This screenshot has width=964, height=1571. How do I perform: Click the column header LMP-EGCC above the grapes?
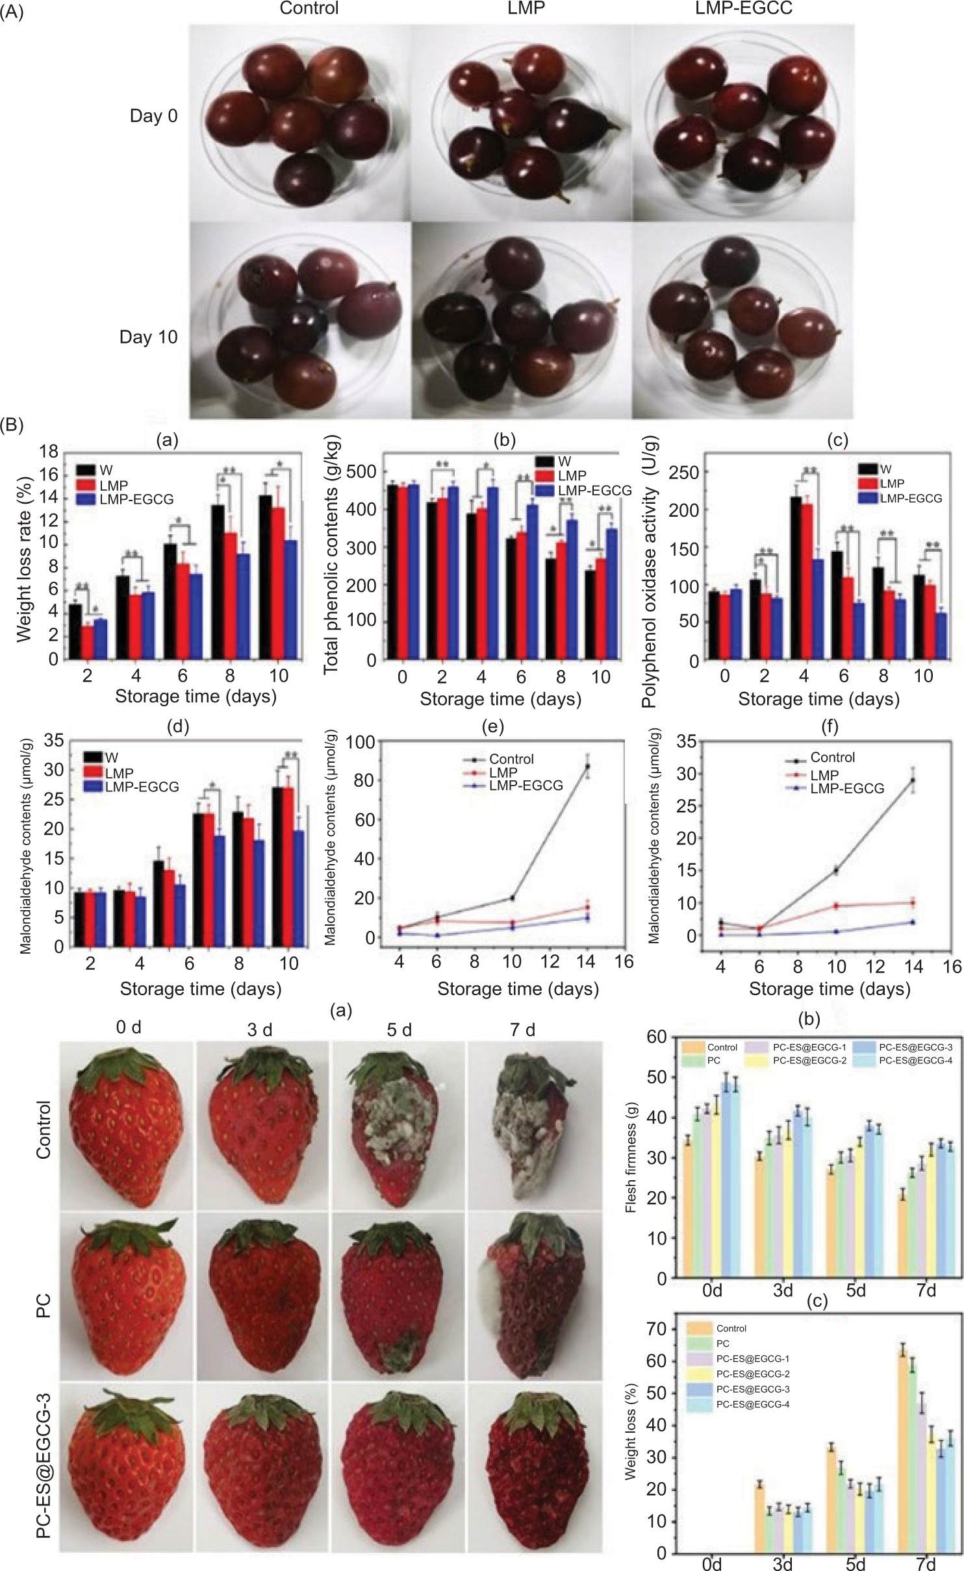click(x=743, y=8)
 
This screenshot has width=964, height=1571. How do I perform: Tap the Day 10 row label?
click(x=148, y=337)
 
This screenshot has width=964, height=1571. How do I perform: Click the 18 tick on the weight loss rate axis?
click(x=49, y=451)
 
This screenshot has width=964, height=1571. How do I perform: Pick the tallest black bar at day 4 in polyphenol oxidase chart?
click(x=795, y=578)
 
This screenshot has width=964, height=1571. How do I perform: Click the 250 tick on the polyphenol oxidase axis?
click(x=683, y=472)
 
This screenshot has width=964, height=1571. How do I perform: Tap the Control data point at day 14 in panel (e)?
click(x=588, y=767)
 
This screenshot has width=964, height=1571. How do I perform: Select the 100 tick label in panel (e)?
click(x=360, y=742)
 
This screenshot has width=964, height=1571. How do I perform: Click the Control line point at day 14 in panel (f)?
click(x=913, y=780)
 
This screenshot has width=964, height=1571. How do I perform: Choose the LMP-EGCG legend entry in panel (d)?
click(x=142, y=787)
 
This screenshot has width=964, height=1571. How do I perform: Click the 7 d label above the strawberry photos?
click(x=522, y=1030)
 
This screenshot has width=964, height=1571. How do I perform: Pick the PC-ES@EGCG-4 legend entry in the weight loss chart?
click(x=752, y=1405)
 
